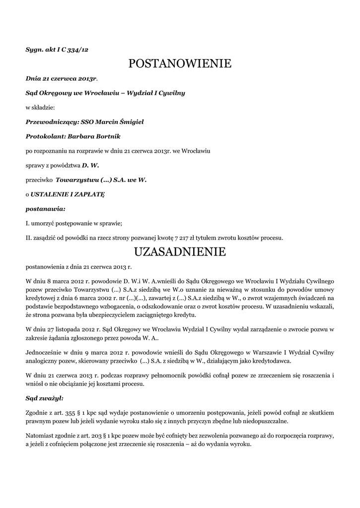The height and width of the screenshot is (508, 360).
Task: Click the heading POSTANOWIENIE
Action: tap(180, 63)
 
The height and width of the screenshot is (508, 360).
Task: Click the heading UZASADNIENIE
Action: tap(180, 252)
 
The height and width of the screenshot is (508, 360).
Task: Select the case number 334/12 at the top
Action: tap(78, 50)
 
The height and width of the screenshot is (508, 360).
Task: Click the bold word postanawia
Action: tap(45, 209)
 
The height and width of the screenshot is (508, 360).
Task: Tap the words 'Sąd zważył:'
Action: tap(44, 398)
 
